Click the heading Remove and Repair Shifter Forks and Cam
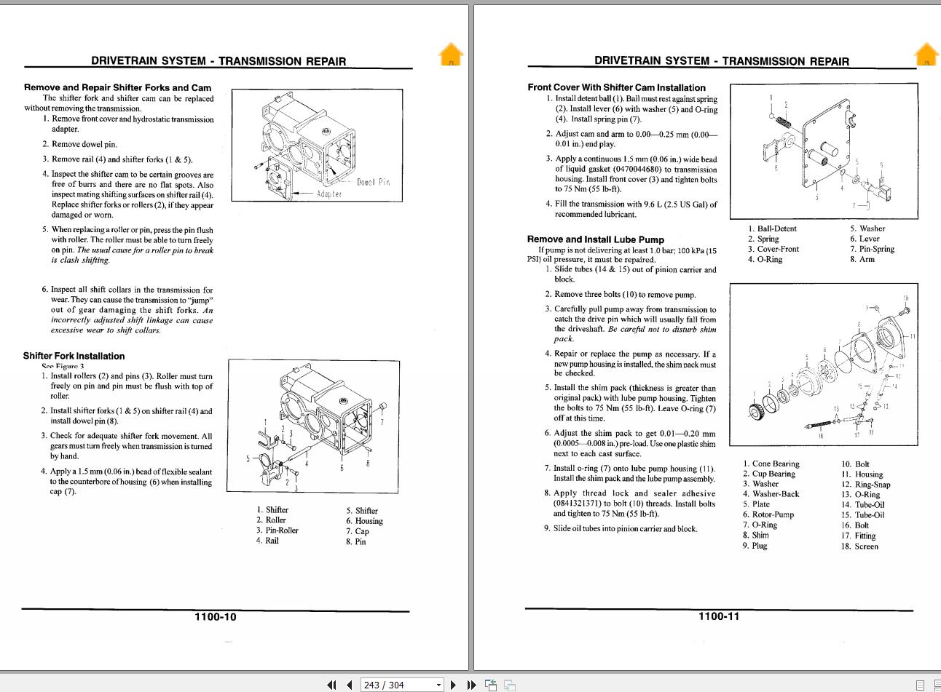pos(117,87)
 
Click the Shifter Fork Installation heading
pos(74,356)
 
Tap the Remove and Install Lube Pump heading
pos(595,239)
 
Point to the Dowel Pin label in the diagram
pos(373,182)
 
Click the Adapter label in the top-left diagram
pos(328,194)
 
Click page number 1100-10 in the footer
pos(215,617)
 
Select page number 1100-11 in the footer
pos(718,616)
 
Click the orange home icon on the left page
pos(451,55)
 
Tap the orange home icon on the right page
pos(926,55)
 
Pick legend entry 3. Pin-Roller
pos(277,530)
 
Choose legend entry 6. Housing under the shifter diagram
pos(364,521)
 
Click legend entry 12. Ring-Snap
pos(865,485)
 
